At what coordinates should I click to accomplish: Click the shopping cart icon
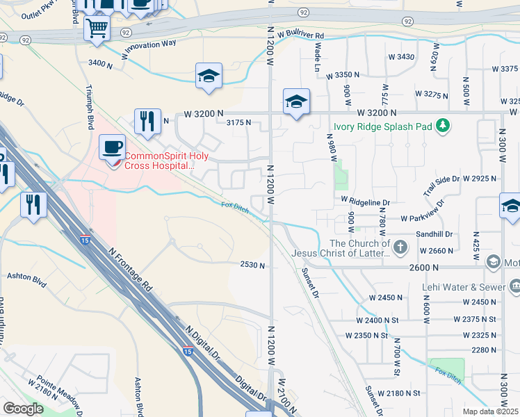point(97,28)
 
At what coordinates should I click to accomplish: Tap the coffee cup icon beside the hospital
point(112,147)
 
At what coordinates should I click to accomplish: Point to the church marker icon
point(400,247)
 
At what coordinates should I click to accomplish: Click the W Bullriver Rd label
point(300,34)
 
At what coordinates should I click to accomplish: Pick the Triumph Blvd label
point(90,108)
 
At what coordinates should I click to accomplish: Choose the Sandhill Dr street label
point(434,234)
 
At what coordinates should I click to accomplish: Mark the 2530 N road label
point(253,265)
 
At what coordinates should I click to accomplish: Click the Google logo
point(23,409)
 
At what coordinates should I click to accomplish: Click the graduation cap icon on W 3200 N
point(296,102)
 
